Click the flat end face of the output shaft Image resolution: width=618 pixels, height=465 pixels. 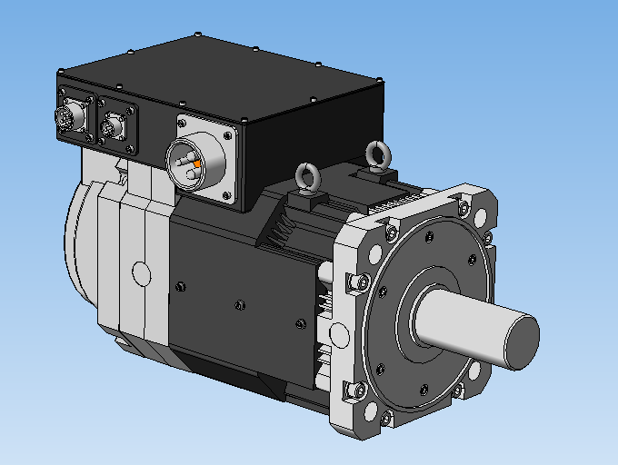516,341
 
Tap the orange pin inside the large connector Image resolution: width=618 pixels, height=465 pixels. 197,163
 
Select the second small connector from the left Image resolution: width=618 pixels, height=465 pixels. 114,126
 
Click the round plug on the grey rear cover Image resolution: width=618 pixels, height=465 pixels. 140,272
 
